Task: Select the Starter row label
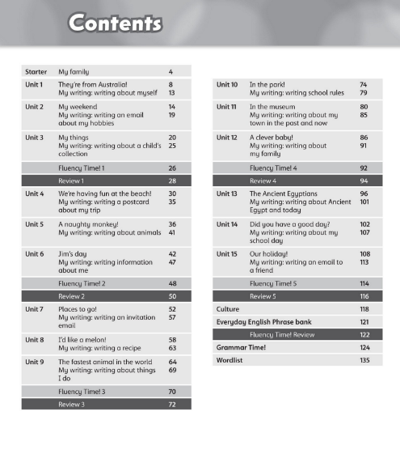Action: pos(36,72)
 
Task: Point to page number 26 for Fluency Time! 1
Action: pos(172,168)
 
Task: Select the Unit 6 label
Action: pos(35,254)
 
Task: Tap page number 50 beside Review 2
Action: pos(172,297)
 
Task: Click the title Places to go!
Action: pos(78,308)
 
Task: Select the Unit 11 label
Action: pos(227,107)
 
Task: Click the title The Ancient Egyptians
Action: pos(284,194)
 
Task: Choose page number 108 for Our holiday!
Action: pos(364,254)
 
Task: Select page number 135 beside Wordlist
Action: pos(364,360)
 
